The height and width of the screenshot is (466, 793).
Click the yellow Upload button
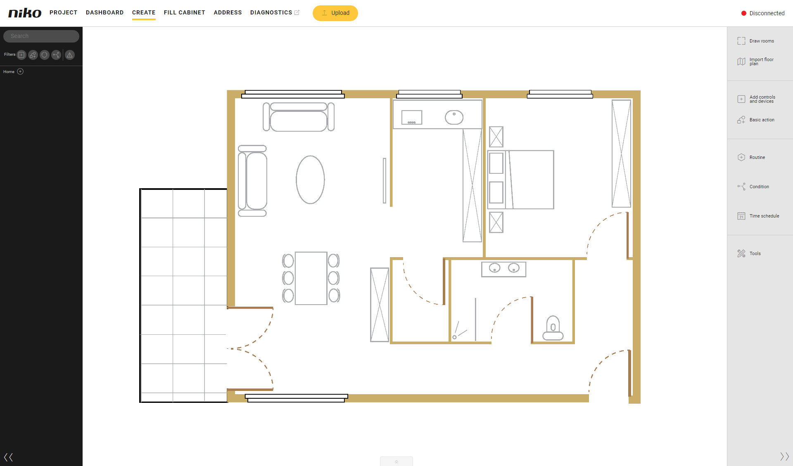335,13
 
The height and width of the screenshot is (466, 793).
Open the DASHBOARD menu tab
104,12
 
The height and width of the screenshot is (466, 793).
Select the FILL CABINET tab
184,12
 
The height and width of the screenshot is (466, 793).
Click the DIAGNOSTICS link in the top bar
271,12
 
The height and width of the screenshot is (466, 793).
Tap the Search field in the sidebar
41,36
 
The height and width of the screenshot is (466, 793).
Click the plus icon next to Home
20,71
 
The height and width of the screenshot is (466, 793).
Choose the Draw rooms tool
756,41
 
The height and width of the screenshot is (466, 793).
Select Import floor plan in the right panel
756,62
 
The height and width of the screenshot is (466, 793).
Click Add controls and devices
757,99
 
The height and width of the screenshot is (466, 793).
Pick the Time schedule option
758,216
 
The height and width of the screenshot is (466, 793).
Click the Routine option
751,157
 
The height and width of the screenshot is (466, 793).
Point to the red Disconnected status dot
744,13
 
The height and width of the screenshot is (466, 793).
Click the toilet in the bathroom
553,328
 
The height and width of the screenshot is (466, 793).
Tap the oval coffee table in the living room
310,180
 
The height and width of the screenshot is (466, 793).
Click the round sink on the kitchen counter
454,117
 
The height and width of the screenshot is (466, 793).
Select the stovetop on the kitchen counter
412,117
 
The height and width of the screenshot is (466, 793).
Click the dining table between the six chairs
311,278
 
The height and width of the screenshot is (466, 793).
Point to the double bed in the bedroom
521,180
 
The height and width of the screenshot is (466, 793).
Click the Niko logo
25,13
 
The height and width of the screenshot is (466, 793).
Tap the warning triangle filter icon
70,55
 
